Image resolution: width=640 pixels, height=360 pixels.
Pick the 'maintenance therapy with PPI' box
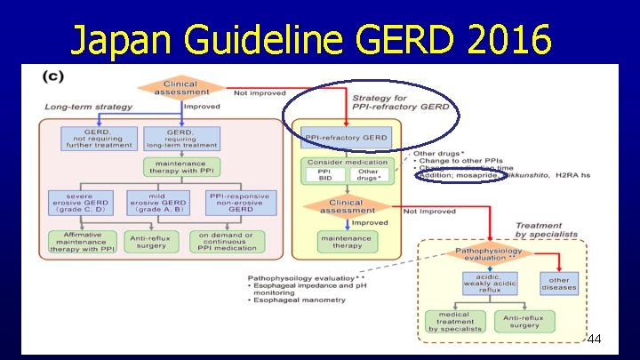pos(180,167)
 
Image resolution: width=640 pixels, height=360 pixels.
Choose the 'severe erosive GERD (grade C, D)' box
pos(79,203)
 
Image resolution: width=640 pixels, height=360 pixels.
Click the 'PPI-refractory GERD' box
pos(346,138)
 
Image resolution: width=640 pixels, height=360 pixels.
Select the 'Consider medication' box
pos(347,162)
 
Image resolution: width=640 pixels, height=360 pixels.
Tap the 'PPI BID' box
pos(325,178)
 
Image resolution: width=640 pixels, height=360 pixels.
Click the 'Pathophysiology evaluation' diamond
pos(489,254)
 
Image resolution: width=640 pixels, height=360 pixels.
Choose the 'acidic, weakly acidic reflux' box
pos(488,284)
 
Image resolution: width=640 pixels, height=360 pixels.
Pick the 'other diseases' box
pos(559,284)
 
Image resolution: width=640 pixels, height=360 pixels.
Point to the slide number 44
pos(595,340)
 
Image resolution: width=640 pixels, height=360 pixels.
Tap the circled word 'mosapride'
pos(480,176)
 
